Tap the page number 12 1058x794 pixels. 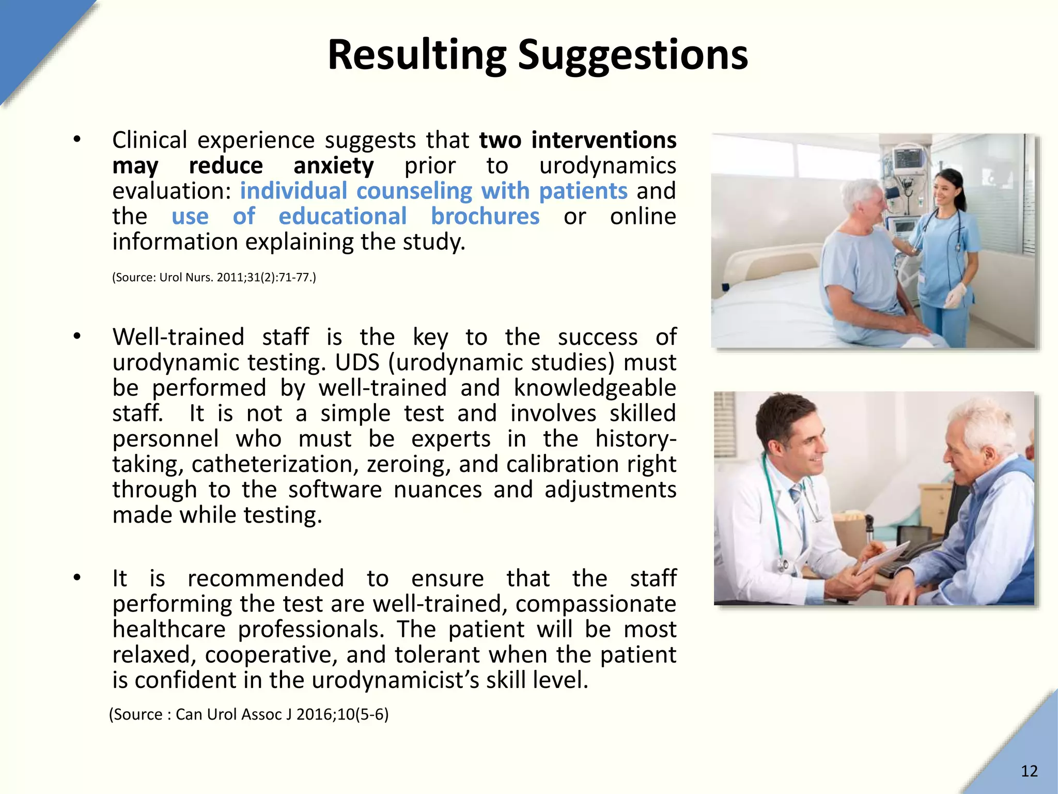[x=1029, y=771]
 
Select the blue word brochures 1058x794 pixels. [x=485, y=217]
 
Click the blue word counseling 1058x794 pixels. [x=414, y=191]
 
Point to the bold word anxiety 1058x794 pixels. [x=333, y=166]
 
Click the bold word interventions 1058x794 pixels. [x=603, y=141]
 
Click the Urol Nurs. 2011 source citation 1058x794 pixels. [x=214, y=278]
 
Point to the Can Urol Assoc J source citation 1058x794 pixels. [x=248, y=714]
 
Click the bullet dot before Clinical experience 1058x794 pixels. [x=77, y=140]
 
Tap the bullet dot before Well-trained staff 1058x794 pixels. [x=77, y=337]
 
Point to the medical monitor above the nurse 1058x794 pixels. [x=908, y=161]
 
